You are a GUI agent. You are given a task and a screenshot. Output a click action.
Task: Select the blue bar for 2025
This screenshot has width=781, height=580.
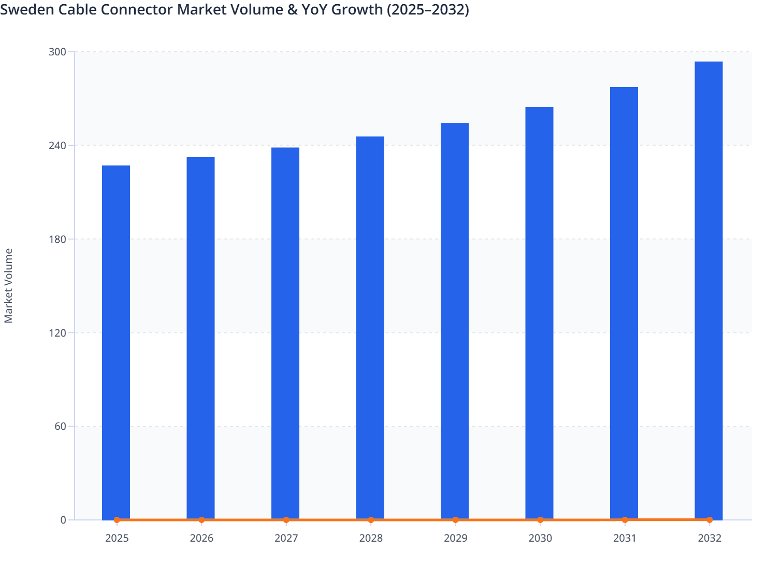click(x=116, y=342)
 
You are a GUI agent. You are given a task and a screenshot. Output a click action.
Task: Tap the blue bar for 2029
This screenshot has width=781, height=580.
click(x=455, y=321)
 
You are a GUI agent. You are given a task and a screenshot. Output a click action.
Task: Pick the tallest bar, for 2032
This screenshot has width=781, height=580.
click(x=708, y=290)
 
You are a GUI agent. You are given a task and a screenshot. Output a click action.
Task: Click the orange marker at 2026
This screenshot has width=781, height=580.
click(x=201, y=520)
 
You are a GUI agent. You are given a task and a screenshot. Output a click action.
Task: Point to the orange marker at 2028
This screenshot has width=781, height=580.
click(x=371, y=520)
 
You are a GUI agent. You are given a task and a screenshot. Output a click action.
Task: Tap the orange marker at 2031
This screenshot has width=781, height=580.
click(x=625, y=519)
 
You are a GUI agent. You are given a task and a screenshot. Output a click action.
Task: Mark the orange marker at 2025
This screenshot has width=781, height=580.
click(x=117, y=520)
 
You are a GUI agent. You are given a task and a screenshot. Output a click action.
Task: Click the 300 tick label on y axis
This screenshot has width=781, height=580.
click(x=57, y=52)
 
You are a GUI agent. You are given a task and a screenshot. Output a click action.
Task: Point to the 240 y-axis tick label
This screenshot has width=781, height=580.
click(x=57, y=146)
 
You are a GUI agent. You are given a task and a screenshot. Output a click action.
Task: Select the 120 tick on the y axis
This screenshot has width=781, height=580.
click(x=57, y=333)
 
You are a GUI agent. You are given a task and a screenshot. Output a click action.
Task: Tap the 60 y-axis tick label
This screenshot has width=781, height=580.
click(x=60, y=427)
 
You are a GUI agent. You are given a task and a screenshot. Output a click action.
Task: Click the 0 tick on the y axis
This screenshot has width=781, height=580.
click(x=63, y=520)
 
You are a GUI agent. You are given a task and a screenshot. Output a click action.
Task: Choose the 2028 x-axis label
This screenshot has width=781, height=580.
click(x=371, y=539)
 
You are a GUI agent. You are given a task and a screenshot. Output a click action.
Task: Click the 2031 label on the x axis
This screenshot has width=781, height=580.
click(x=625, y=539)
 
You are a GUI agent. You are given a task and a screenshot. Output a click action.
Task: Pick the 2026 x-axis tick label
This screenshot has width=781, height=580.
click(x=201, y=539)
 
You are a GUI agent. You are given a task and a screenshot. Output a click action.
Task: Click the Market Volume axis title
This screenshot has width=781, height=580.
click(x=9, y=286)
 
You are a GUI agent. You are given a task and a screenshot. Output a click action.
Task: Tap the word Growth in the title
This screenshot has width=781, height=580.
click(x=352, y=9)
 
